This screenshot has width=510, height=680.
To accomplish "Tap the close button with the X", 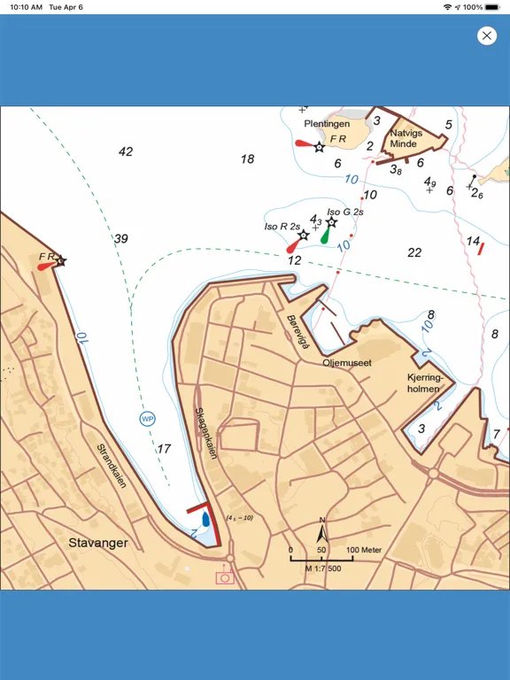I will (x=486, y=35).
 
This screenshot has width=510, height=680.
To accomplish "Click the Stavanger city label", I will (x=98, y=543).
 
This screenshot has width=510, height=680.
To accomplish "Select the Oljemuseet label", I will (x=346, y=363).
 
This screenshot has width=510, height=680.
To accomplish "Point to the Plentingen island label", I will (x=327, y=125).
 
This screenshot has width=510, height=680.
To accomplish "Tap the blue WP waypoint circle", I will (x=146, y=418).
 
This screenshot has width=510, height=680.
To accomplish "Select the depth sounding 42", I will (x=126, y=151).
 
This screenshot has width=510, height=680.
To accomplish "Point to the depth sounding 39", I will (x=121, y=239).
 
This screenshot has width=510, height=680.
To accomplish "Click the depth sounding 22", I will (x=414, y=253).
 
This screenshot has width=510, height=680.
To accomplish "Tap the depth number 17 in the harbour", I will (x=164, y=449).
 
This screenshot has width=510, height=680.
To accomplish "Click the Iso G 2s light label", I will (x=345, y=212).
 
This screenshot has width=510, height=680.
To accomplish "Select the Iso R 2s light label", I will (x=282, y=227).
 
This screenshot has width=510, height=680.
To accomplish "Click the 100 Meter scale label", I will (x=364, y=550).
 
